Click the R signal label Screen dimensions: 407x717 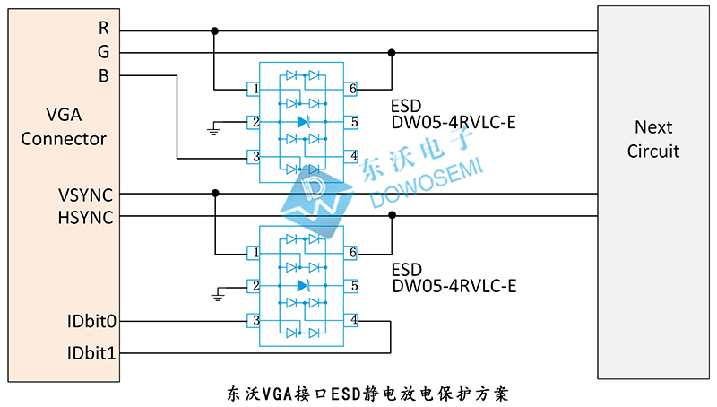(103, 29)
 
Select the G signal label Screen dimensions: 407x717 (103, 52)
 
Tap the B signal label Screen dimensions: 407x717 (103, 76)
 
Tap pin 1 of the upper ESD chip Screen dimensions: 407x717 (256, 90)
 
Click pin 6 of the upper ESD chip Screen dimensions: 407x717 (353, 90)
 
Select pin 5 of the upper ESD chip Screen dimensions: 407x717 (353, 122)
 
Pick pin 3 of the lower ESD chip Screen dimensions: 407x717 (256, 320)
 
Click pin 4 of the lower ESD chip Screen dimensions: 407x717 (353, 320)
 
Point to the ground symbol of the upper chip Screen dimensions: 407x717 (213, 129)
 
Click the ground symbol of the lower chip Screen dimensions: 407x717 (215, 294)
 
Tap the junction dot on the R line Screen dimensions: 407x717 (214, 30)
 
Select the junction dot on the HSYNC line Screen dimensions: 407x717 (392, 216)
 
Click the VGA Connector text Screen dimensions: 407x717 (64, 127)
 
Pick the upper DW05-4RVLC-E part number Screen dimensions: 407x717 (454, 123)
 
